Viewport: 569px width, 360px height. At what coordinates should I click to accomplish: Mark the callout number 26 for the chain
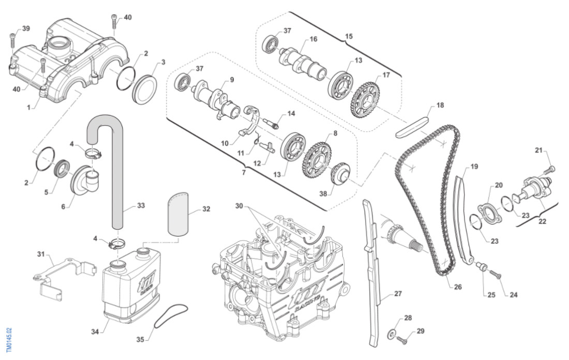click(458, 287)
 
